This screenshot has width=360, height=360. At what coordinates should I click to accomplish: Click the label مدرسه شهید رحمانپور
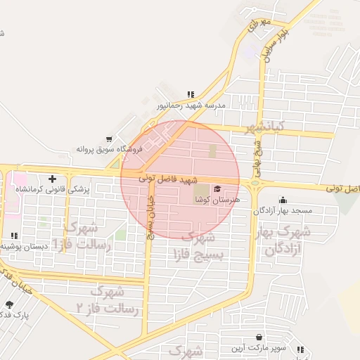190,105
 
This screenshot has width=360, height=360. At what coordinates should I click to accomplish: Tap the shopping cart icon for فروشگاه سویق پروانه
108,139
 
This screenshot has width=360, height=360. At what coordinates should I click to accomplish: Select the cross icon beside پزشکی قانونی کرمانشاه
52,179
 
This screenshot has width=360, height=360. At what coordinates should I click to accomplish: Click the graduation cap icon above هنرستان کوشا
217,188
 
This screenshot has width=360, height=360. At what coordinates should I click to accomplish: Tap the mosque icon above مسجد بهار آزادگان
283,200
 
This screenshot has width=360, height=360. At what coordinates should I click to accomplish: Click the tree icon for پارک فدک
9,304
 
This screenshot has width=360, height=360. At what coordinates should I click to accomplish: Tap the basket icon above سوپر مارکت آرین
260,337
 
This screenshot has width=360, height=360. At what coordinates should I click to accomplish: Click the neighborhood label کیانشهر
265,128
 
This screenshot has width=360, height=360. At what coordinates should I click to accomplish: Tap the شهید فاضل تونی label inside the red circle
169,180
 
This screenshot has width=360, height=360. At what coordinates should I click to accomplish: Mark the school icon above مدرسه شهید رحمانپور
190,94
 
